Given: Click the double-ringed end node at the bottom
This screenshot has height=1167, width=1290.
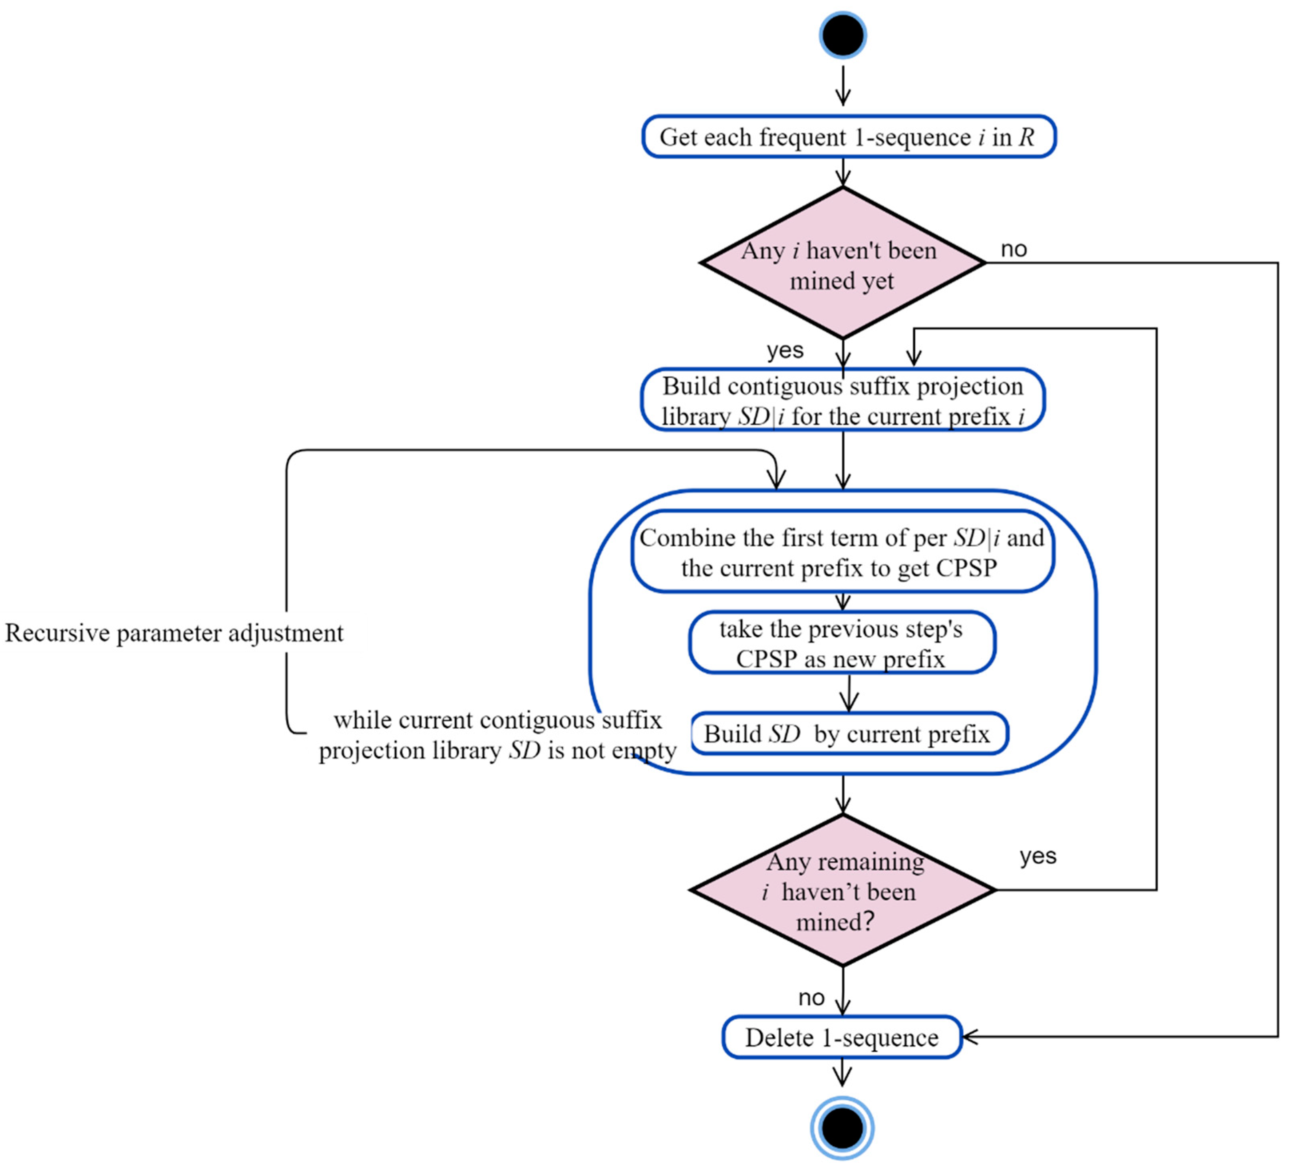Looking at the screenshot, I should click(x=842, y=1127).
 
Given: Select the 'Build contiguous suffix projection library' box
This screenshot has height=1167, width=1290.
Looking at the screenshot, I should click(x=843, y=401).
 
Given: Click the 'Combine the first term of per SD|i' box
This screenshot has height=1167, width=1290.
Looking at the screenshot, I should click(x=842, y=552).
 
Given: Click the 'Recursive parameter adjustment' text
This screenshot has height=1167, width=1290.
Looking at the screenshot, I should click(x=174, y=633).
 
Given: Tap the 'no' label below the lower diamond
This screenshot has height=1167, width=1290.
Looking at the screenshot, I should click(x=811, y=997).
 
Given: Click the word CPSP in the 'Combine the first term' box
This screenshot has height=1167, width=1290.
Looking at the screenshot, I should click(x=966, y=568).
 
